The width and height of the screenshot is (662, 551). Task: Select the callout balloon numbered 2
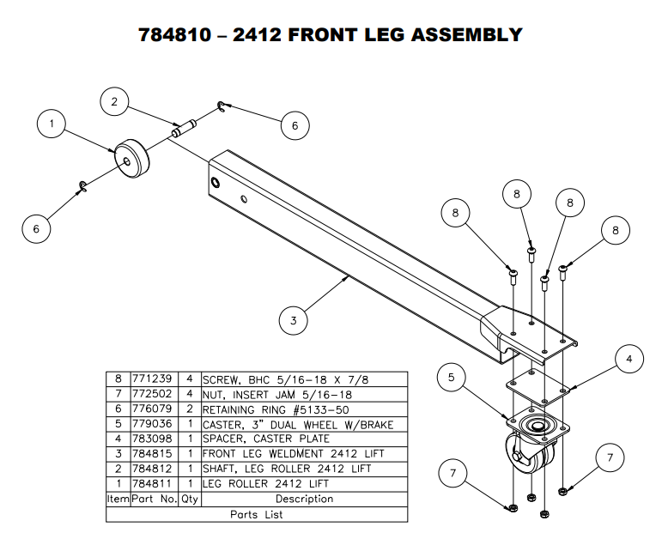pos(114,101)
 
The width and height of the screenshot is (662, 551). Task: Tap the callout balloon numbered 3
pos(294,321)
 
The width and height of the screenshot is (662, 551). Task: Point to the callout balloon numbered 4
pos(629,360)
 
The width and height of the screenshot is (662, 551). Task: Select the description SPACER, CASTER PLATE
pos(265,439)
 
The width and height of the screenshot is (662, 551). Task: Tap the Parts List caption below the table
pos(257,515)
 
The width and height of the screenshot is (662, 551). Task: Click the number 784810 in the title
pos(179,35)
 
